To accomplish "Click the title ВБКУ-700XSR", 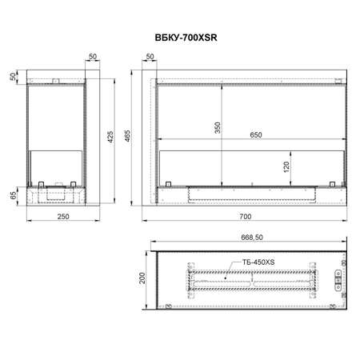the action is click(186, 38).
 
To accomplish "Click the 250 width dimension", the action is click(63, 217).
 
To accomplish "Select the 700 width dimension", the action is click(245, 217).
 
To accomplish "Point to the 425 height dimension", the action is click(110, 137).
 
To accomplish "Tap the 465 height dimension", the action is click(128, 136).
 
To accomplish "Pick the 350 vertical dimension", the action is click(218, 128).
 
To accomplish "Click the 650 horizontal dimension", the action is click(256, 135).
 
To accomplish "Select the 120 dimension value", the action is click(286, 167).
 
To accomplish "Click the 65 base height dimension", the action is click(14, 195).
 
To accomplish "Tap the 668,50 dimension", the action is click(252, 237).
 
